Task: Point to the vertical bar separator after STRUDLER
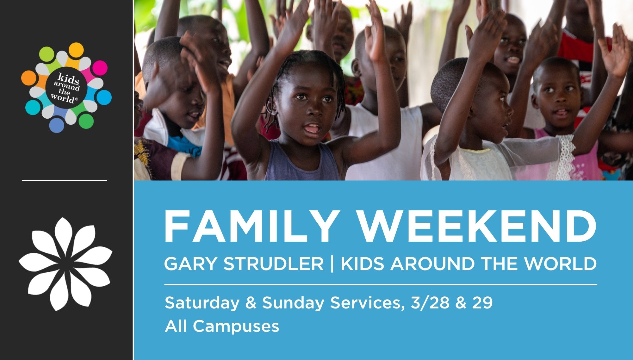pyautogui.click(x=332, y=264)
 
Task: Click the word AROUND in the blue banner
pyautogui.click(x=432, y=264)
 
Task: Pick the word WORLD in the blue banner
pyautogui.click(x=560, y=264)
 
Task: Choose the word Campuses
pyautogui.click(x=236, y=326)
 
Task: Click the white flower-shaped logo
pyautogui.click(x=65, y=264)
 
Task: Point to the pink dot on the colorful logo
pyautogui.click(x=100, y=68)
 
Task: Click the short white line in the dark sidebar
pyautogui.click(x=65, y=180)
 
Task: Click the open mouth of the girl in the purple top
pyautogui.click(x=312, y=129)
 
